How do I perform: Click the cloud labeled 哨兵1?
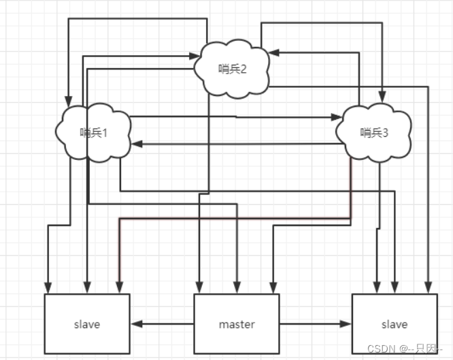pos(93,133)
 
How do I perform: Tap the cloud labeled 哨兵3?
pos(374,133)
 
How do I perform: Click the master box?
pos(236,324)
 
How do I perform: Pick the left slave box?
pos(86,324)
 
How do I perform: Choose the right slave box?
pos(394,324)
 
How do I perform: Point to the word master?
pos(236,324)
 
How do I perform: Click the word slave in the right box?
pos(394,324)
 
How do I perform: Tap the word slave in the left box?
pos(86,324)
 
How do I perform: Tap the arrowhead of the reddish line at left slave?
pos(120,288)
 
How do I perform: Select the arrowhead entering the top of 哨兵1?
pos(69,102)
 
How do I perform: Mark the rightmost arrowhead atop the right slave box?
pos(429,288)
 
